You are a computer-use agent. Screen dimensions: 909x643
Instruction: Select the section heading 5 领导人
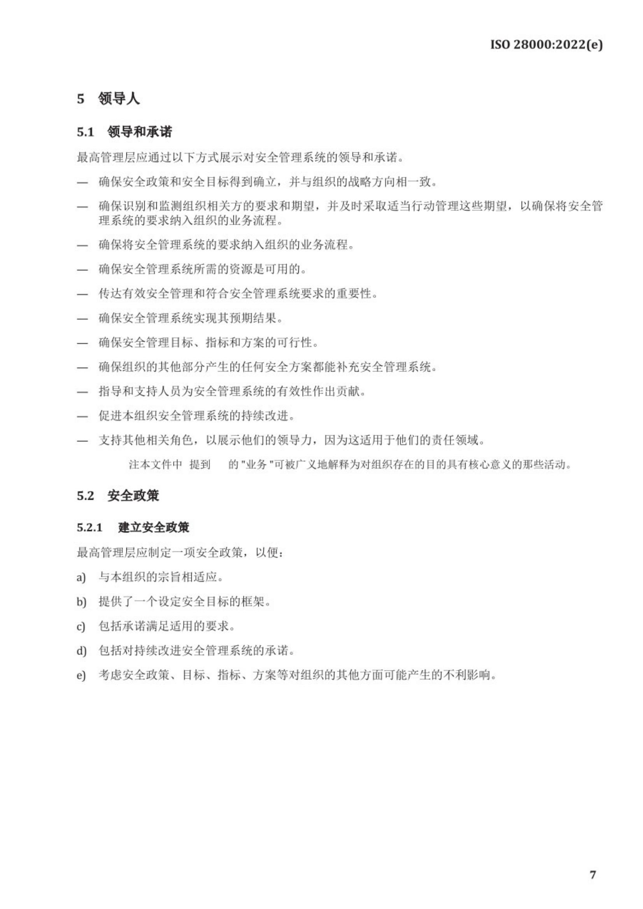tap(108, 99)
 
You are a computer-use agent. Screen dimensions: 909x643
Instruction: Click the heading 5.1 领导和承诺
tap(124, 132)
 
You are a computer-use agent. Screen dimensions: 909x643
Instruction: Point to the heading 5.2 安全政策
tap(117, 496)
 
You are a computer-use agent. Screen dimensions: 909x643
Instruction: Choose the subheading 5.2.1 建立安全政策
tap(133, 528)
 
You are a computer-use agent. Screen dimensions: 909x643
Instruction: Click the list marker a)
tap(81, 578)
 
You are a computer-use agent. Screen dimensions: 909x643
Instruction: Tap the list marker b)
tap(81, 602)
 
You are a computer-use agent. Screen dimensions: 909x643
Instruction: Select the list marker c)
tap(81, 627)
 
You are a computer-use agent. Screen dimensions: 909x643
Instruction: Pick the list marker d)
tap(81, 651)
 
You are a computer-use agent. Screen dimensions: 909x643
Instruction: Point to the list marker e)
tap(81, 675)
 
